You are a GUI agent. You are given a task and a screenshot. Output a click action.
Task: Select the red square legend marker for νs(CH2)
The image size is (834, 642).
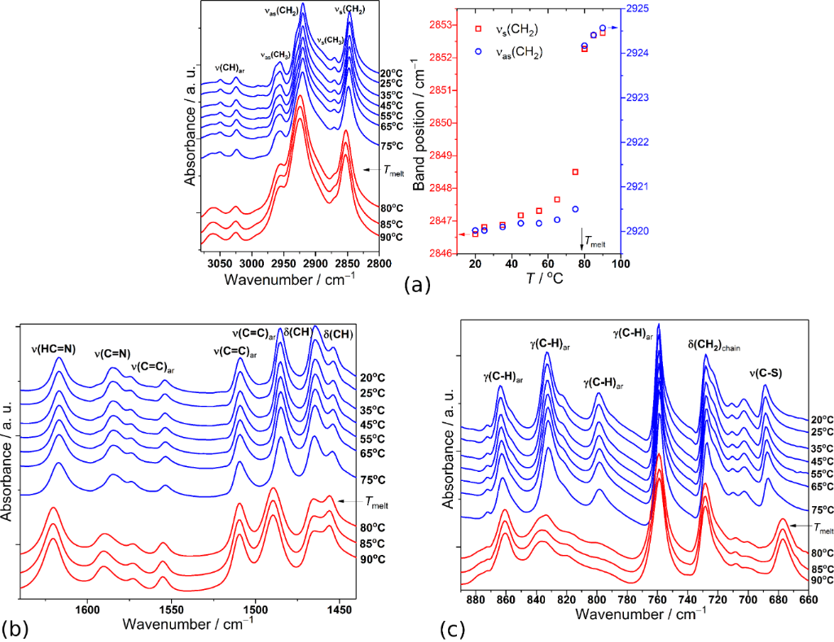[x=478, y=30]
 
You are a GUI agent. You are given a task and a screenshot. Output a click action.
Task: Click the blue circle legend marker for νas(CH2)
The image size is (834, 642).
[x=478, y=51]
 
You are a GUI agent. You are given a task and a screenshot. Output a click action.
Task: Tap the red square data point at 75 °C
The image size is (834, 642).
[x=575, y=172]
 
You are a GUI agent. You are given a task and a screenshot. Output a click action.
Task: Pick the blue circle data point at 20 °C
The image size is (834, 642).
[x=476, y=230]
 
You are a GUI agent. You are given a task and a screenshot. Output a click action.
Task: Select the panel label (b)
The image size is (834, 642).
[x=16, y=628]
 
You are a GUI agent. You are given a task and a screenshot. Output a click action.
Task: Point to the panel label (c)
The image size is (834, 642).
[x=454, y=628]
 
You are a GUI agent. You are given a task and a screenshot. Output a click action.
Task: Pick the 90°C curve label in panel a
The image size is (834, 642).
[x=391, y=237]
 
